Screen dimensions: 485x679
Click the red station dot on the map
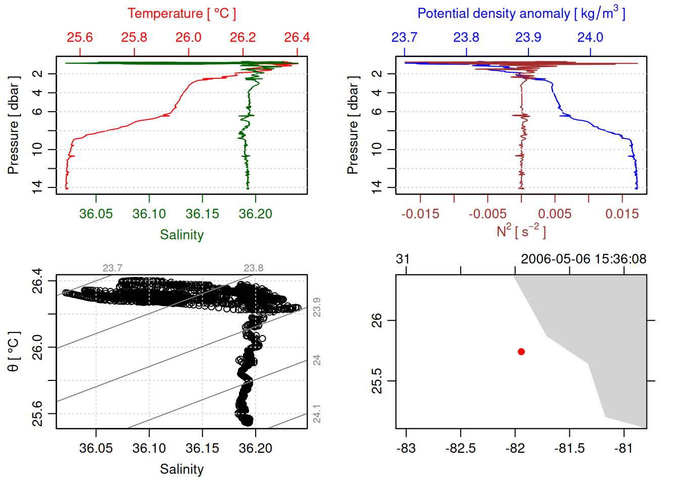[x=521, y=352]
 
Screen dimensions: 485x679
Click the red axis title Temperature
[x=181, y=13]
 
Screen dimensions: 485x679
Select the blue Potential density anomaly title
[x=521, y=13]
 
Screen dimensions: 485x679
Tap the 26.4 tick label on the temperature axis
[x=297, y=37]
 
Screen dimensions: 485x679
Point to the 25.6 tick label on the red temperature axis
[x=80, y=37]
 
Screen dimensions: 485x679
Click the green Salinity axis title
[x=181, y=235]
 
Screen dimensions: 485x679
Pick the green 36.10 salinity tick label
[x=149, y=214]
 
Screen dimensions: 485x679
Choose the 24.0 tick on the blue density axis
[x=590, y=37]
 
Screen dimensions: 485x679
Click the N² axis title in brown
[x=521, y=231]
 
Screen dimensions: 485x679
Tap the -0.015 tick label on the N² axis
[x=420, y=214]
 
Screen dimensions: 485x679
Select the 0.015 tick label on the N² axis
[x=622, y=214]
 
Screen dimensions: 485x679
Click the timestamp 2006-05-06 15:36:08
[x=584, y=259]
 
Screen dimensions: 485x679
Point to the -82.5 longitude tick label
[x=460, y=448]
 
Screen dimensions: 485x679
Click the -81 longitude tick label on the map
[x=623, y=448]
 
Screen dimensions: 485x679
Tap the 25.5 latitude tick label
[x=377, y=381]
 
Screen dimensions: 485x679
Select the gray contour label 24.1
[x=317, y=414]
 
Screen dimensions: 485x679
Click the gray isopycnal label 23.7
[x=112, y=268]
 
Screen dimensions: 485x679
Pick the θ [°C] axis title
[x=14, y=352]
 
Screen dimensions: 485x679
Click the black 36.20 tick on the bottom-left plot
[x=255, y=448]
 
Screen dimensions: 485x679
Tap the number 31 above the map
[x=403, y=259]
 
